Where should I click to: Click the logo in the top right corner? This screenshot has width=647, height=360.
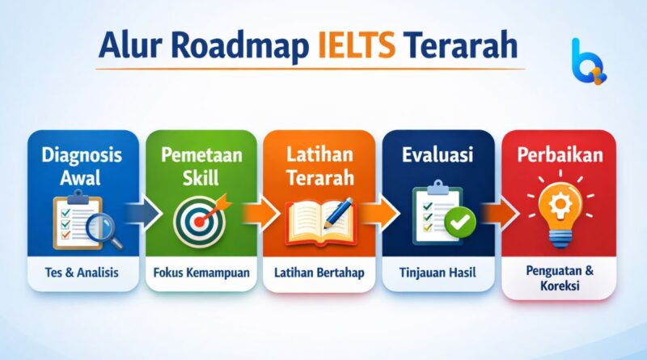(x=587, y=60)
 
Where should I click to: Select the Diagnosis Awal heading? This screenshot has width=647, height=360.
(x=77, y=165)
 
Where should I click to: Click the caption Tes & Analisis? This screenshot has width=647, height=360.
(x=78, y=273)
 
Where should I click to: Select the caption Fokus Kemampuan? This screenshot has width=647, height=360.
(x=201, y=273)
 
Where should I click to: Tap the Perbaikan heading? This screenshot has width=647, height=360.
(x=559, y=153)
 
